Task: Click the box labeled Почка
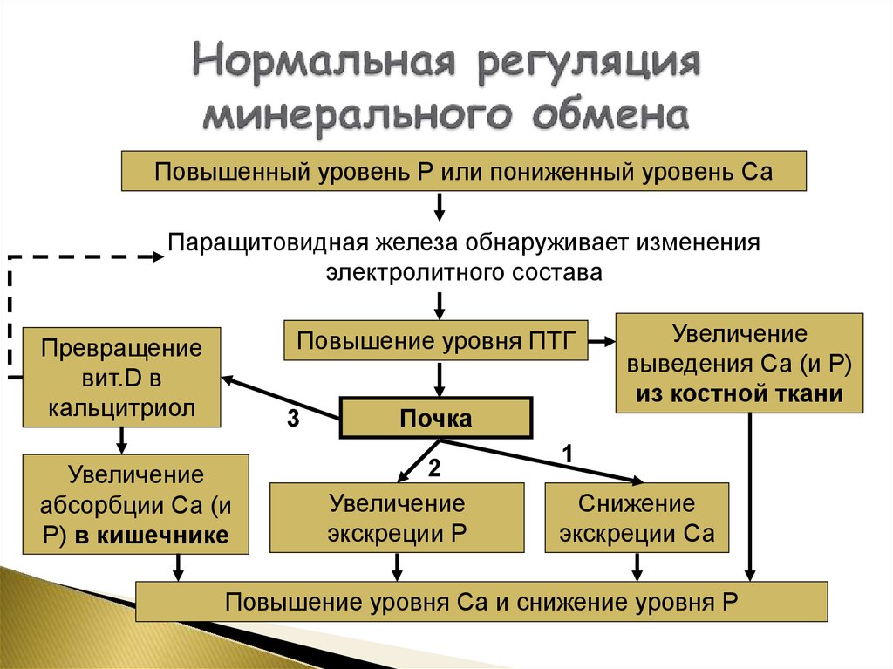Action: pos(435,419)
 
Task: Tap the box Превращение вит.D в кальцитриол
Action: pos(119,378)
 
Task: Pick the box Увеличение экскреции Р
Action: pos(397,518)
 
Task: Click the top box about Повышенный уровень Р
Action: pos(463,169)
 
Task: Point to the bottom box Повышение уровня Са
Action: pos(481,602)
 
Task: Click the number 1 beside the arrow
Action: pos(567,453)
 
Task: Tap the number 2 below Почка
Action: pos(434,468)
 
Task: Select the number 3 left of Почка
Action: pos(294,420)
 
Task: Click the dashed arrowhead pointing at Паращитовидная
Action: pos(157,257)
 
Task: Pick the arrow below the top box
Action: pos(440,207)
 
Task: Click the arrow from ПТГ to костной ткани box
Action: pos(601,341)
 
